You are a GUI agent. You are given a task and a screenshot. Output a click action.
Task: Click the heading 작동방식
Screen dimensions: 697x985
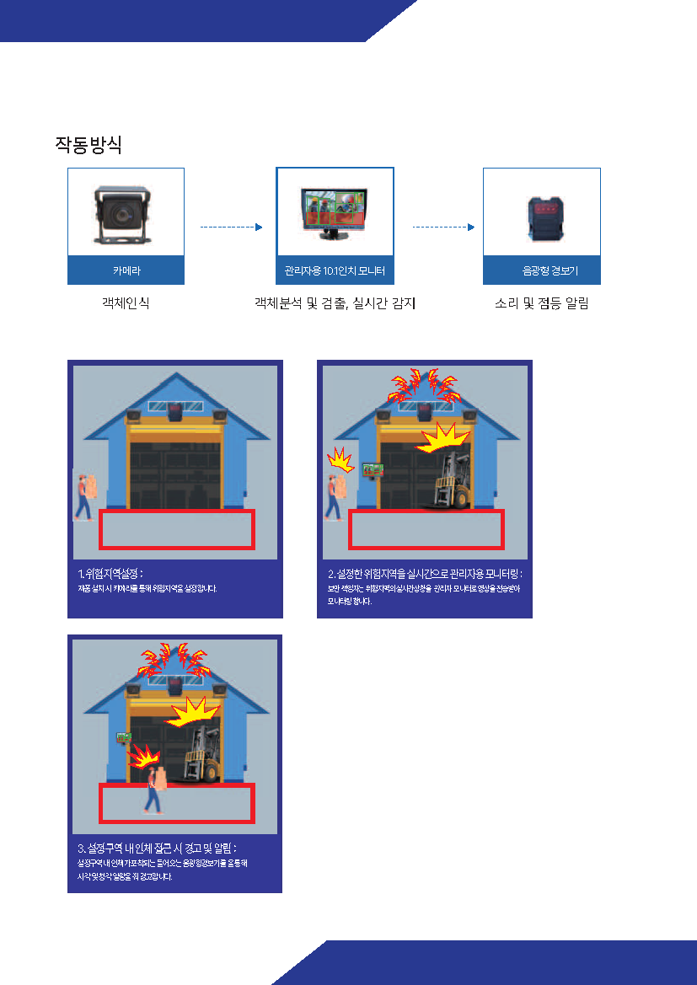click(88, 145)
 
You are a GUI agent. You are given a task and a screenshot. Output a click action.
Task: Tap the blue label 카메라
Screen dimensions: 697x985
click(126, 271)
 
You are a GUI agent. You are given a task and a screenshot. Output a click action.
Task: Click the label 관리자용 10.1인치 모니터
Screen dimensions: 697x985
click(335, 271)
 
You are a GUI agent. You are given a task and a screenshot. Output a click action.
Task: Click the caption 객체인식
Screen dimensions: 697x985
click(126, 303)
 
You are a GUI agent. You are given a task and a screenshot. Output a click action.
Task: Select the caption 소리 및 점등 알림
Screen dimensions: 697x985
click(541, 303)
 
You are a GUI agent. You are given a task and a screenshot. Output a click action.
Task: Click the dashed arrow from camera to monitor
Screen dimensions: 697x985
click(231, 227)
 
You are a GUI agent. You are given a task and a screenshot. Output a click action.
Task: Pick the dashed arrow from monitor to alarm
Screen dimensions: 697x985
click(443, 227)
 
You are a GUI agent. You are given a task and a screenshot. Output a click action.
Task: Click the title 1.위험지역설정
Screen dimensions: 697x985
click(110, 574)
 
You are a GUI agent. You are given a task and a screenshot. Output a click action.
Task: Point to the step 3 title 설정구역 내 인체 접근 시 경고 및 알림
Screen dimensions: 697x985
click(157, 848)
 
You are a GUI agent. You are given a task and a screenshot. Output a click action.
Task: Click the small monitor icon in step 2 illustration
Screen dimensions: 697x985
click(369, 470)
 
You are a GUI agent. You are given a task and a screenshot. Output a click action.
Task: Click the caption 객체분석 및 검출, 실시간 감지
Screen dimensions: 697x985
click(335, 303)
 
